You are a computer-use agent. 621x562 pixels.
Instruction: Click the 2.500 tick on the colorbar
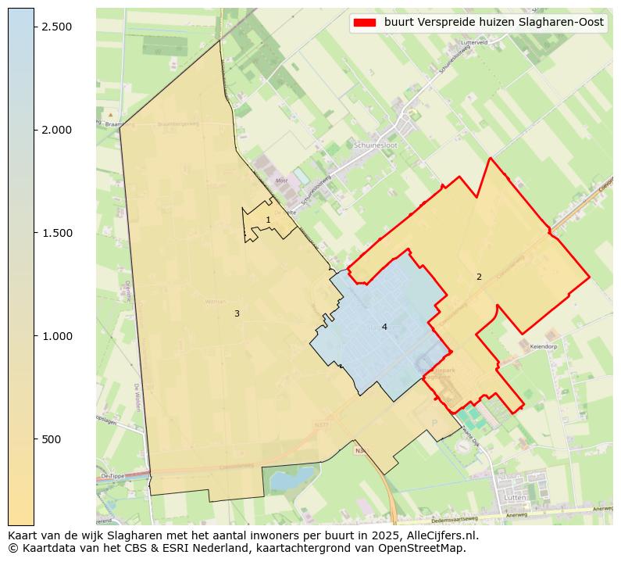[x=57, y=27]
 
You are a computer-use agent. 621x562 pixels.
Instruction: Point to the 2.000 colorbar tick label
[x=57, y=130]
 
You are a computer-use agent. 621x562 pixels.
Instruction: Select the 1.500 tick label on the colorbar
[x=57, y=233]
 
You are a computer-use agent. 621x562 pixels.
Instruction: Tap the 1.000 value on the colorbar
[x=57, y=336]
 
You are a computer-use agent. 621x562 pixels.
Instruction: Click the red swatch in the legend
[x=365, y=23]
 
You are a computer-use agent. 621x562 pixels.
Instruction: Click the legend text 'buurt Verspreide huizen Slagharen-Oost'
[x=494, y=23]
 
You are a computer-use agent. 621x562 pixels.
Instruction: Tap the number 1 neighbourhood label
[x=268, y=220]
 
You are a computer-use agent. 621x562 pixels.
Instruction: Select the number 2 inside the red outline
[x=479, y=277]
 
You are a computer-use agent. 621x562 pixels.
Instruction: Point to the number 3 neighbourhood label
[x=237, y=314]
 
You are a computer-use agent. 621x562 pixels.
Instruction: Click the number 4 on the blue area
[x=384, y=327]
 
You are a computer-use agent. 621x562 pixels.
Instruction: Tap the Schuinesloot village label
[x=375, y=145]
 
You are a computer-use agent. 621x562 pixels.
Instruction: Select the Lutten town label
[x=515, y=498]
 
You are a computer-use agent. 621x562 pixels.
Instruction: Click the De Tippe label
[x=112, y=476]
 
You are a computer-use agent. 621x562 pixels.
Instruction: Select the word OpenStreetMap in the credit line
[x=428, y=548]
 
